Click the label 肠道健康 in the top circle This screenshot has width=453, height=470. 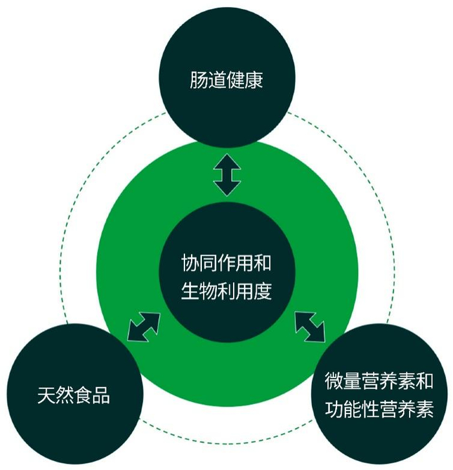click(x=226, y=82)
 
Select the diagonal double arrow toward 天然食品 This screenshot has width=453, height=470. click(x=143, y=326)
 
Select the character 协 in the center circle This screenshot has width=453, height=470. click(x=189, y=263)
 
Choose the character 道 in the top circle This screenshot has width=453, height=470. click(x=217, y=82)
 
